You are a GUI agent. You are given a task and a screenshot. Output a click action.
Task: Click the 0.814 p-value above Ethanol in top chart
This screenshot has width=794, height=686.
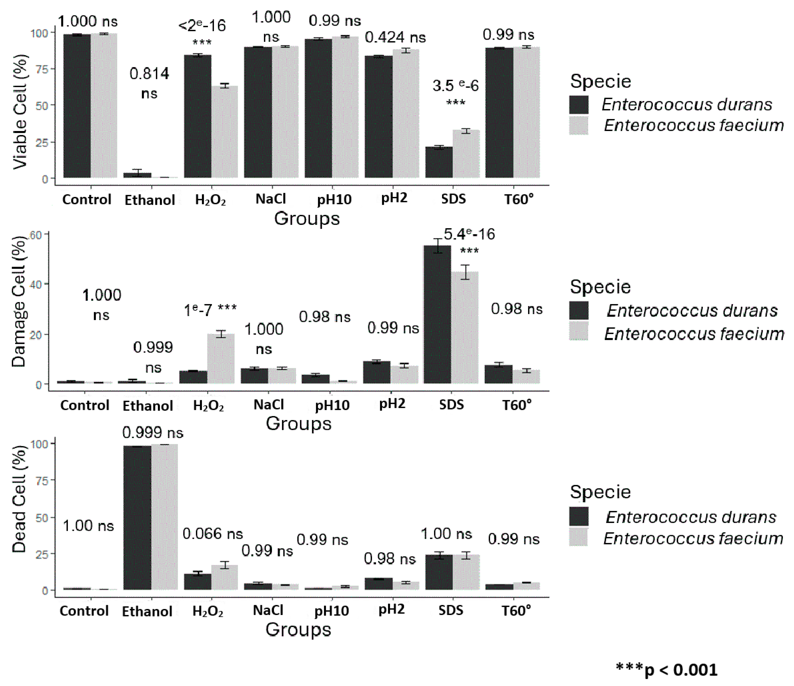(x=149, y=74)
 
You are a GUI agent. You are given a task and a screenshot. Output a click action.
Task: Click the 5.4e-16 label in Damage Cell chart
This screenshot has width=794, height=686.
(x=469, y=234)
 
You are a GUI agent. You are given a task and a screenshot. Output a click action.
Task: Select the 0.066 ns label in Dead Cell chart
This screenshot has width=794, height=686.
(x=213, y=534)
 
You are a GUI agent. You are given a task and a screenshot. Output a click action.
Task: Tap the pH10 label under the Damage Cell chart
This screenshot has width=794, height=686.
(x=332, y=405)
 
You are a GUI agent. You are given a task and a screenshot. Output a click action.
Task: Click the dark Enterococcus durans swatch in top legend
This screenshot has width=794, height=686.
(x=578, y=105)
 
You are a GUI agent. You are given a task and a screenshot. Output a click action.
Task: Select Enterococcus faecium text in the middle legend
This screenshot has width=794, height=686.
(x=694, y=334)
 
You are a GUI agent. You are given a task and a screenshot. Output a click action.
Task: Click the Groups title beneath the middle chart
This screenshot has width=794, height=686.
(x=299, y=424)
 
